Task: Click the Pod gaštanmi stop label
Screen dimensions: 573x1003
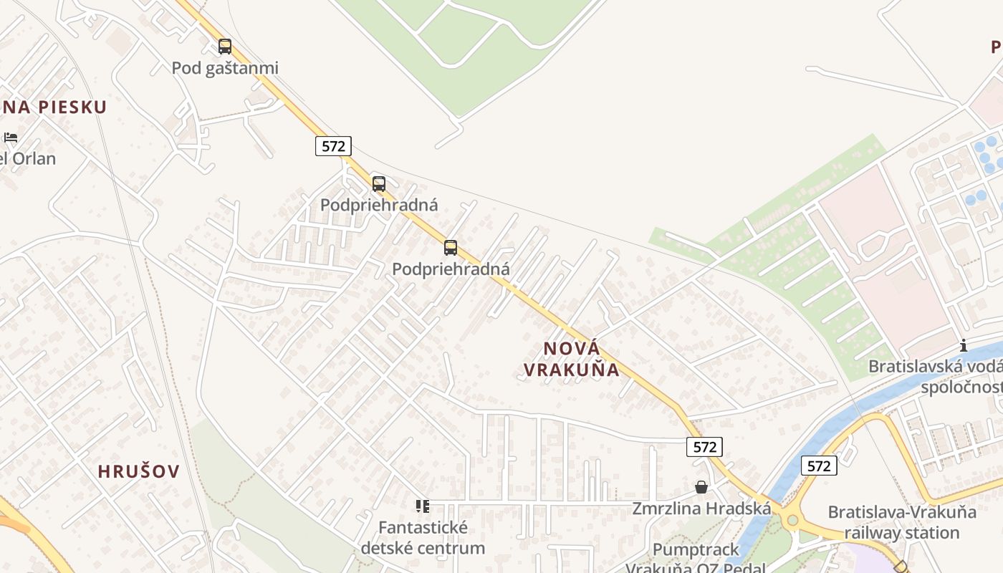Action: point(225,68)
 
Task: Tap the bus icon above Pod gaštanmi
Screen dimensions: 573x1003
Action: point(225,47)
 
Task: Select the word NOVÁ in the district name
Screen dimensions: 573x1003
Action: point(571,349)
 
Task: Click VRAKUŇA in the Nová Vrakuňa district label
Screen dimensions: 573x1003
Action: point(571,370)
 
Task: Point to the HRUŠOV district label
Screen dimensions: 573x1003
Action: point(138,471)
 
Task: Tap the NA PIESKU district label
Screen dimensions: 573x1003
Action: point(54,107)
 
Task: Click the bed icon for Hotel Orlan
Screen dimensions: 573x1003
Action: point(10,137)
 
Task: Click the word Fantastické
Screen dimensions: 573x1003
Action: point(423,528)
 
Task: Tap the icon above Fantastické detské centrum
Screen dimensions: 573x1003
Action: point(423,506)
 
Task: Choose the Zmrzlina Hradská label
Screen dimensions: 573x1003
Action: point(701,509)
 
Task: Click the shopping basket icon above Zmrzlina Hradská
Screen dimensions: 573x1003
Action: point(701,487)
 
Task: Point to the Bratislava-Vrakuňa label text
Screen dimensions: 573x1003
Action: point(902,512)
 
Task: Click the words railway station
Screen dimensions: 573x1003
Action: point(902,533)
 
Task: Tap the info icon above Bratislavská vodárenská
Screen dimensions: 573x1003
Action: point(964,345)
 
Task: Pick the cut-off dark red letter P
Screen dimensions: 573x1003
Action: point(997,47)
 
